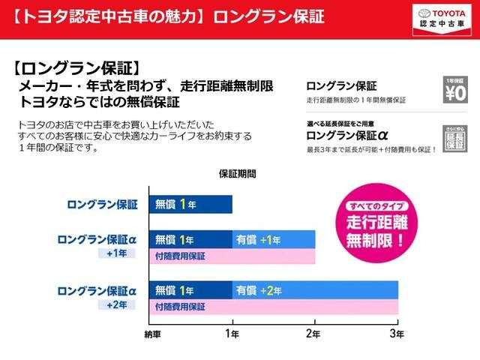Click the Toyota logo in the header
tap(426, 12)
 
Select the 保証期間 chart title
tap(237, 173)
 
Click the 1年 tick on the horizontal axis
tap(232, 331)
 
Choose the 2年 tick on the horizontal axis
tap(314, 331)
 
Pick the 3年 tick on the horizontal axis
tap(397, 331)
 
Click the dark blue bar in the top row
tap(190, 203)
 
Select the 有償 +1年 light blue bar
tap(273, 240)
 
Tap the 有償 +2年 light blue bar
tap(314, 289)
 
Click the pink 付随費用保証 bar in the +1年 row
tap(232, 256)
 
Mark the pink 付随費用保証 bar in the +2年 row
tap(273, 306)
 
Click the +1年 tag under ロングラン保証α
tap(118, 253)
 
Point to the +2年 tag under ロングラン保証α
tap(118, 304)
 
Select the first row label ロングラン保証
tap(103, 204)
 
